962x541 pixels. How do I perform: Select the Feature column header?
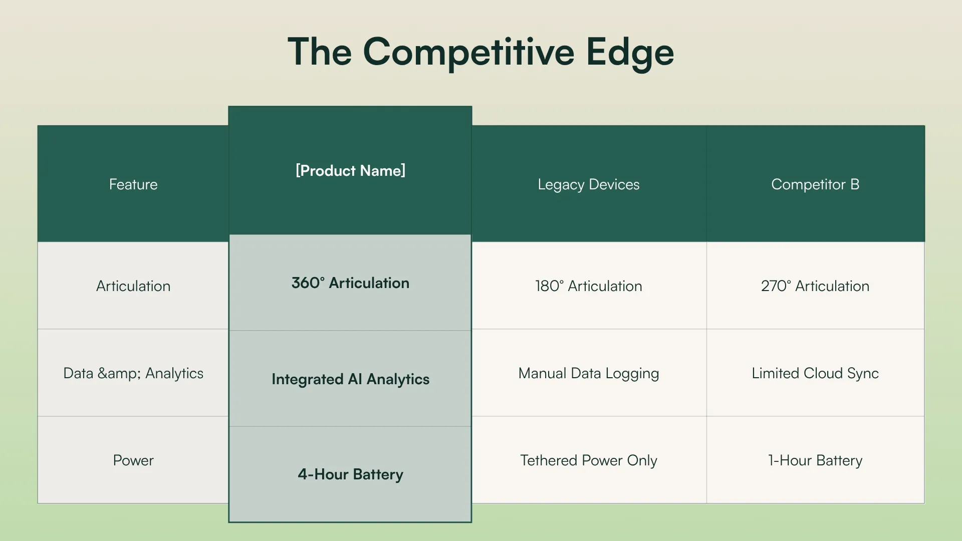[x=133, y=184]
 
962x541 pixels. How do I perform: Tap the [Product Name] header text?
[x=350, y=171]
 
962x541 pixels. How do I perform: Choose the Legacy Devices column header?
[x=588, y=184]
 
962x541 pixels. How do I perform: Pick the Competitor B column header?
[x=815, y=184]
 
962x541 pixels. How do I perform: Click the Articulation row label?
[x=133, y=286]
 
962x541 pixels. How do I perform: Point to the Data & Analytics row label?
[x=133, y=373]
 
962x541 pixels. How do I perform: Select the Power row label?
[x=133, y=460]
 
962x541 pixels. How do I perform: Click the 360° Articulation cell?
[x=350, y=283]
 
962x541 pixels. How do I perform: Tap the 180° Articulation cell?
[x=588, y=286]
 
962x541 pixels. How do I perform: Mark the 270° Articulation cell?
[x=815, y=286]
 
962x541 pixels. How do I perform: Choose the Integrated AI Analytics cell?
[x=350, y=379]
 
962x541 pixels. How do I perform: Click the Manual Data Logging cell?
[x=588, y=373]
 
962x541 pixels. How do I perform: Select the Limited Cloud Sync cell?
[x=815, y=373]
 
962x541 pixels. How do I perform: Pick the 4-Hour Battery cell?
[x=350, y=474]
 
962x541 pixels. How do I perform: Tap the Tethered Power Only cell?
[x=588, y=460]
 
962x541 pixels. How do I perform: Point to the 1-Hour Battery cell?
[x=815, y=460]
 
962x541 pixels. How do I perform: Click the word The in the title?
[x=320, y=52]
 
